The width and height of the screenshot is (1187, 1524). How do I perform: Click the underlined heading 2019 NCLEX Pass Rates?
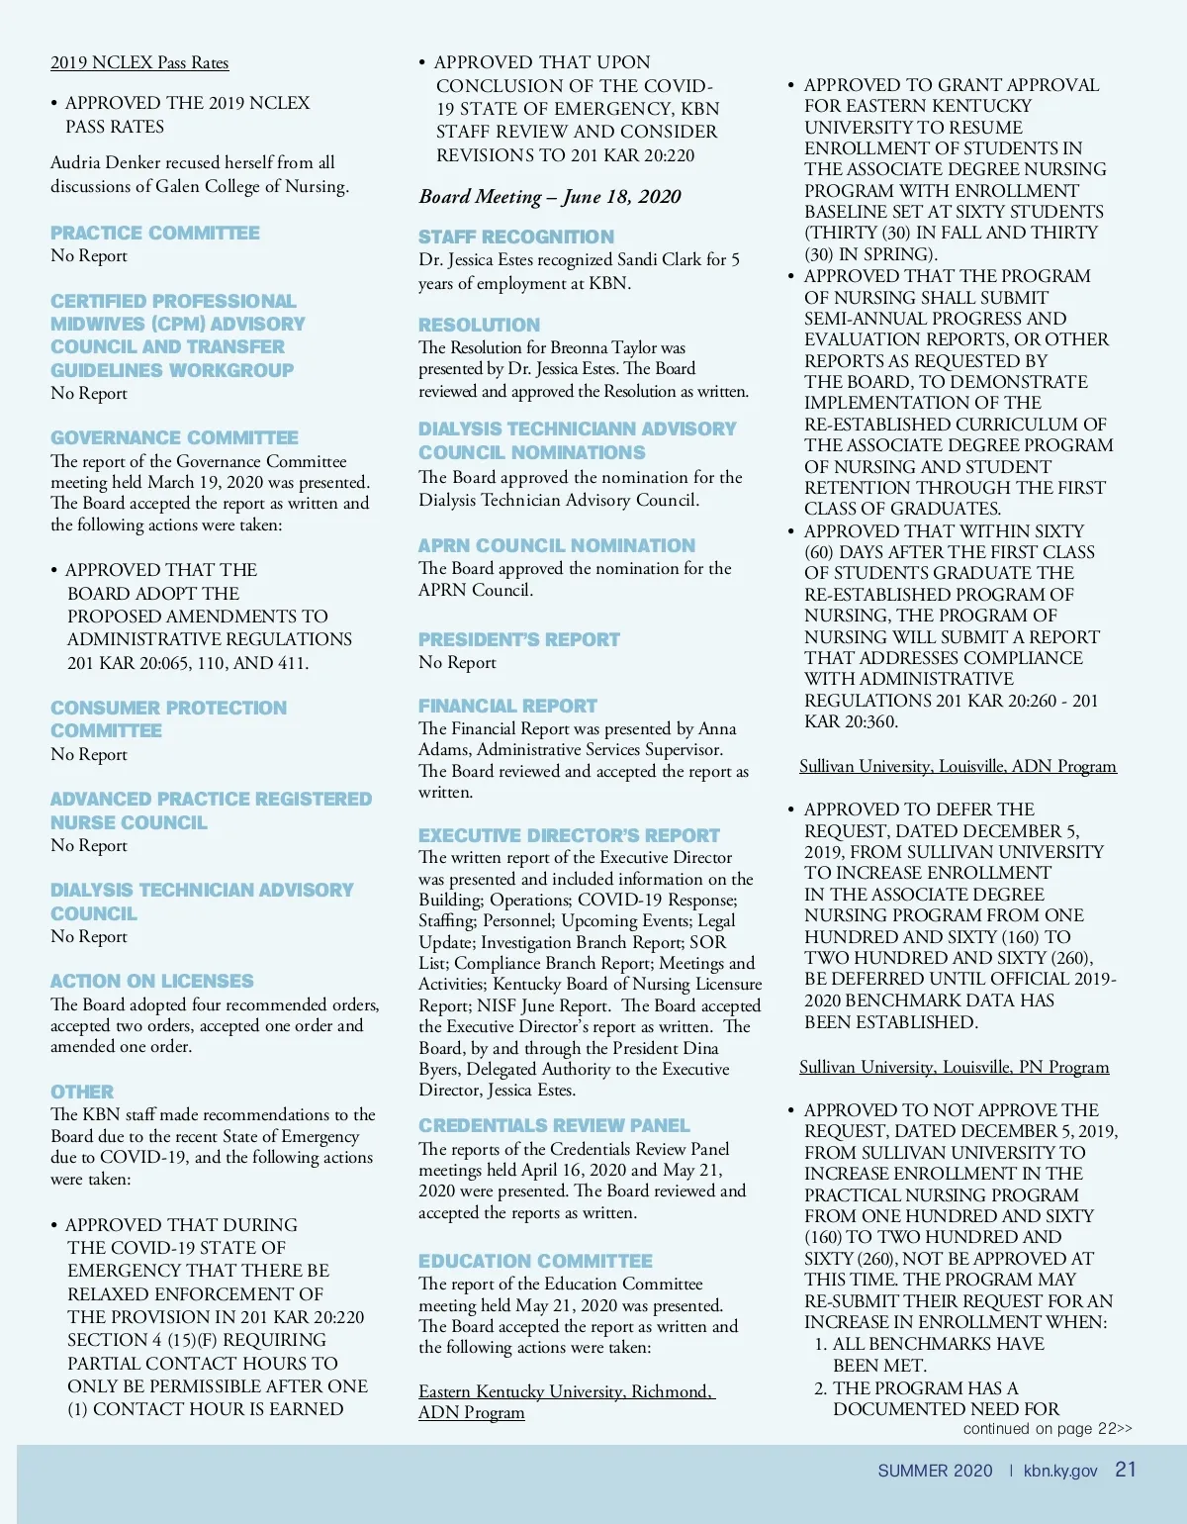coord(139,63)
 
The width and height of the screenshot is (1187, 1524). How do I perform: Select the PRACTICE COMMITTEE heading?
coord(155,233)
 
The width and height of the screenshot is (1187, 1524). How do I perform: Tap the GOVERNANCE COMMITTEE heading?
coord(174,437)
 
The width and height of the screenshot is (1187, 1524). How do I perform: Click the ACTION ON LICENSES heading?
coord(152,981)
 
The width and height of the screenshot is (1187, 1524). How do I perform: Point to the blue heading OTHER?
coord(82,1092)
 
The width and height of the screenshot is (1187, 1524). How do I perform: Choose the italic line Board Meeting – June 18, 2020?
coord(550,196)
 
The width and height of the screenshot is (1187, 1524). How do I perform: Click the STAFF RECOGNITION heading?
coord(516,237)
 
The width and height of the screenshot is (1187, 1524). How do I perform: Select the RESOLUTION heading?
coord(479,325)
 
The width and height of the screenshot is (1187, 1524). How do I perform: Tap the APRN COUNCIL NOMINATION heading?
coord(557,545)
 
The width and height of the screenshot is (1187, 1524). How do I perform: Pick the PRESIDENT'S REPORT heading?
coord(519,639)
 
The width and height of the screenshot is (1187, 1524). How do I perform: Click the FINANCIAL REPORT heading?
coord(507,706)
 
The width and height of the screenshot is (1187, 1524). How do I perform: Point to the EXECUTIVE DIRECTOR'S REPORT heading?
coord(569,835)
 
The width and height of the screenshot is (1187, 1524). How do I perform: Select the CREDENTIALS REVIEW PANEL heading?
coord(554,1125)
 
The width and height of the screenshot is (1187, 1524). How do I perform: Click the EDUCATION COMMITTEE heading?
coord(535,1261)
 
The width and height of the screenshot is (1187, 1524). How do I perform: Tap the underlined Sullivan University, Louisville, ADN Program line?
coord(958,766)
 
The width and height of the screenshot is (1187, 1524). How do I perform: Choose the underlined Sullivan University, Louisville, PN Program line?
coord(954,1067)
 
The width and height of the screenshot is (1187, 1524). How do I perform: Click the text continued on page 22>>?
coord(1048,1428)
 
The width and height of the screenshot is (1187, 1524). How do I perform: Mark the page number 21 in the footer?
coord(1126,1470)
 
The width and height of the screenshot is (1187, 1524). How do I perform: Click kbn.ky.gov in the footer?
coord(1060,1471)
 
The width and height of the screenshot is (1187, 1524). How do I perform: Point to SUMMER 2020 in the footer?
coord(935,1471)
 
